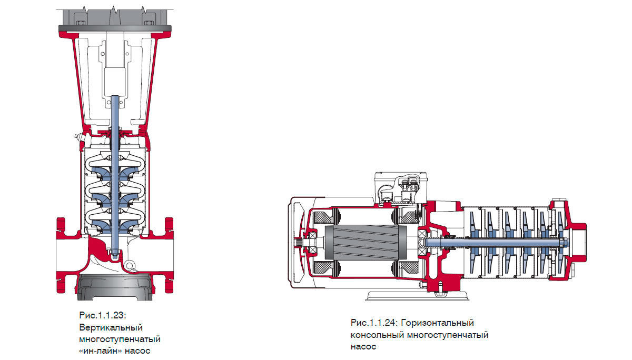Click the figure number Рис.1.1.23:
tap(103, 315)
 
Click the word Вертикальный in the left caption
tap(111, 327)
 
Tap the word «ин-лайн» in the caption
tap(101, 351)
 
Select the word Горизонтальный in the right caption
tap(437, 323)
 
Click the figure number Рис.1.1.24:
tap(374, 323)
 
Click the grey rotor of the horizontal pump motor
tap(366, 243)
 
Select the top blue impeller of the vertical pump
tap(115, 173)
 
